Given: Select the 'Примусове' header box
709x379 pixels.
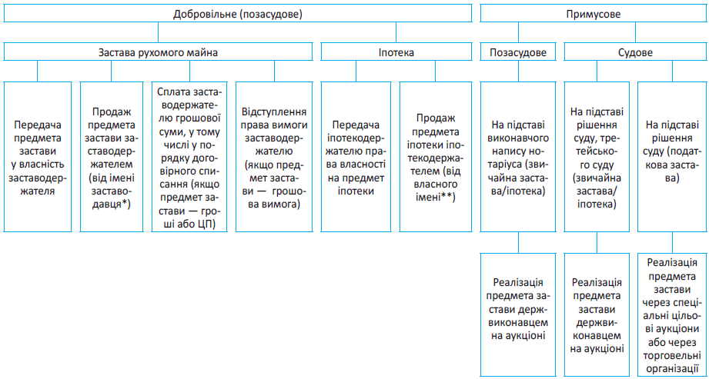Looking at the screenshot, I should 594,13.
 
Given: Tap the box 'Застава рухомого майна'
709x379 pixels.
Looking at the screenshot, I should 158,53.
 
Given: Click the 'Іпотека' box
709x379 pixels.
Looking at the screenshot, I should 396,53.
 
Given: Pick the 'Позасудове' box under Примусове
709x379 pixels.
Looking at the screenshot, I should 518,53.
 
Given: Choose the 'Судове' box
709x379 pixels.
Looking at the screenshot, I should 635,53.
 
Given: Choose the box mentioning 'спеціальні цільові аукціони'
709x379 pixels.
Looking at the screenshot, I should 672,314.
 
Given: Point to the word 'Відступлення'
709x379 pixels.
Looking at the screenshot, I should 275,111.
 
